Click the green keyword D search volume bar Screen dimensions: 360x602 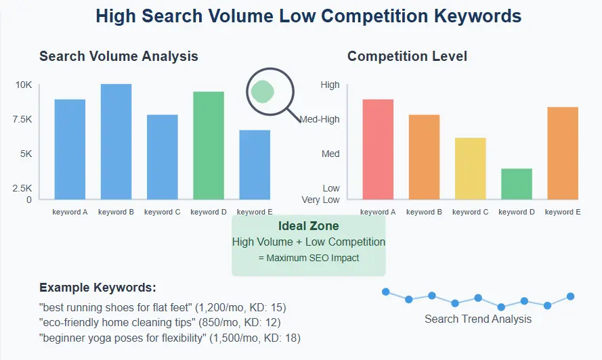(x=209, y=145)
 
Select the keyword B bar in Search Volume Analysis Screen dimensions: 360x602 (x=116, y=141)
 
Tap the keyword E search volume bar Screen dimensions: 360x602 (x=255, y=164)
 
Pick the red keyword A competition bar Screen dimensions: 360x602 (x=378, y=149)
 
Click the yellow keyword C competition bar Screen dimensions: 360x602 (x=471, y=168)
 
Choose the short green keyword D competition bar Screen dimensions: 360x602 (x=517, y=184)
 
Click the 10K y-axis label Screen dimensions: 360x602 (x=24, y=85)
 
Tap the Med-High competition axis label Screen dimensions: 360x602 (x=320, y=120)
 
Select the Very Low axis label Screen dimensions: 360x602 (x=321, y=200)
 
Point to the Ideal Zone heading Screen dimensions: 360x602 (x=309, y=226)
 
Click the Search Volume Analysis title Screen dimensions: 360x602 (x=119, y=56)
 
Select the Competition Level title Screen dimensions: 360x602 (x=407, y=56)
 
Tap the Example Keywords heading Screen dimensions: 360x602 (x=98, y=288)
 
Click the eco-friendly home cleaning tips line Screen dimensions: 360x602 (x=160, y=322)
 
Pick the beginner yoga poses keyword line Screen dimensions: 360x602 (x=170, y=337)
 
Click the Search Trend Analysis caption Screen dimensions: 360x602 (x=478, y=319)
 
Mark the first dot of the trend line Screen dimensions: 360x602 (x=386, y=292)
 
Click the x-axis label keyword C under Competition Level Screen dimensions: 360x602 (x=471, y=212)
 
